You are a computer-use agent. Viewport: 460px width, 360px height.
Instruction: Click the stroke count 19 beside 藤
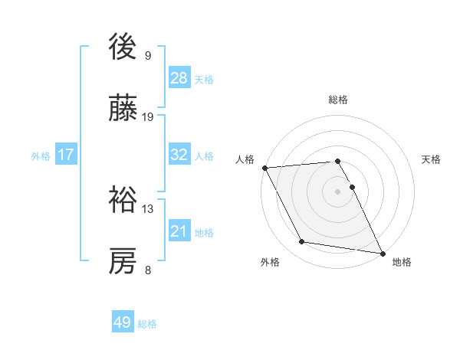coord(148,117)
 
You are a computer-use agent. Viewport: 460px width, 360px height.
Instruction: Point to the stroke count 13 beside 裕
coord(148,208)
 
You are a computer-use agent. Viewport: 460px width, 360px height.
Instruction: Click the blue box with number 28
coord(179,78)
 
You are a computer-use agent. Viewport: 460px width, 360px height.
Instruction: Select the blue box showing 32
coord(179,155)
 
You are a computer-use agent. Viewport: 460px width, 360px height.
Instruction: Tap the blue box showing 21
coord(179,231)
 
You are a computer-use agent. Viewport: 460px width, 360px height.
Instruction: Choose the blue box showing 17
coord(66,155)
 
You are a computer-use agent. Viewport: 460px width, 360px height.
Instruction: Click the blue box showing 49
coord(123,322)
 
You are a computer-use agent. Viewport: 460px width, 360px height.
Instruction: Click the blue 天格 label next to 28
coord(204,79)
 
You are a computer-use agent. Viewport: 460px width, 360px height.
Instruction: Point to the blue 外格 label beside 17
coord(41,155)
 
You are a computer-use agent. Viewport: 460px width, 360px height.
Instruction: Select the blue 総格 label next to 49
coord(147,323)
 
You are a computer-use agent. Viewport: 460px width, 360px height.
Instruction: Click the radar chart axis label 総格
coord(338,100)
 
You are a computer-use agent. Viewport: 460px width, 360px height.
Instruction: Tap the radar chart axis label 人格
coord(245,159)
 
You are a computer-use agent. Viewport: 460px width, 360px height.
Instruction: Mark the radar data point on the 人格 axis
coord(264,168)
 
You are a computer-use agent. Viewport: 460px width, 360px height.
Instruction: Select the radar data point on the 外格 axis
coord(302,243)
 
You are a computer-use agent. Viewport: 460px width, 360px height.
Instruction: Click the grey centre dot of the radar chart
coord(337,191)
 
